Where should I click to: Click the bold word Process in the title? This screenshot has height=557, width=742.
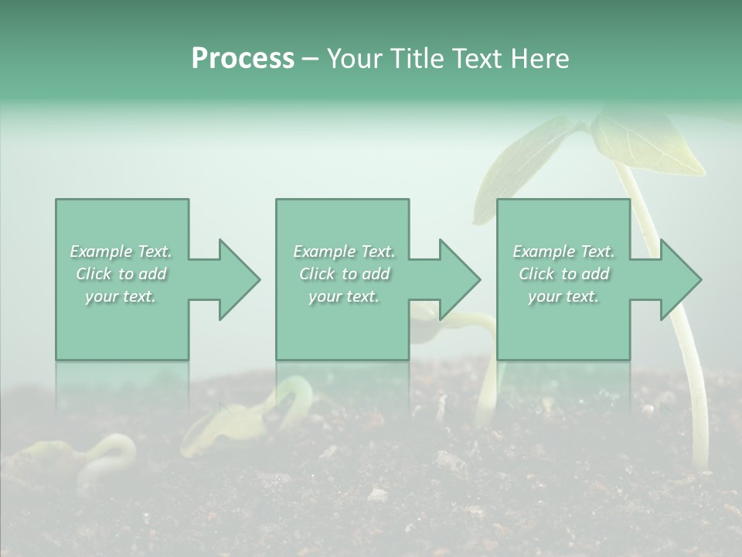243,59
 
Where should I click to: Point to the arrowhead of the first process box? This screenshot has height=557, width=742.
240,279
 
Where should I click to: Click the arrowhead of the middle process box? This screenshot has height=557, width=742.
461,279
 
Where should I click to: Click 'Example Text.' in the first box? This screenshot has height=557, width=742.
121,251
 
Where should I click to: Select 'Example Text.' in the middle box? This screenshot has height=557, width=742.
344,251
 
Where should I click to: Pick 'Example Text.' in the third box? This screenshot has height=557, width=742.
563,251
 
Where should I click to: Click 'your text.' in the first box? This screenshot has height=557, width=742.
121,296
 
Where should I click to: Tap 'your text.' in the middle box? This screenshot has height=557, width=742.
344,296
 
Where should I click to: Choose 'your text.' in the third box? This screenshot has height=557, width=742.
563,296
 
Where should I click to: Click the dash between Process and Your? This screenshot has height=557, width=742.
311,60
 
